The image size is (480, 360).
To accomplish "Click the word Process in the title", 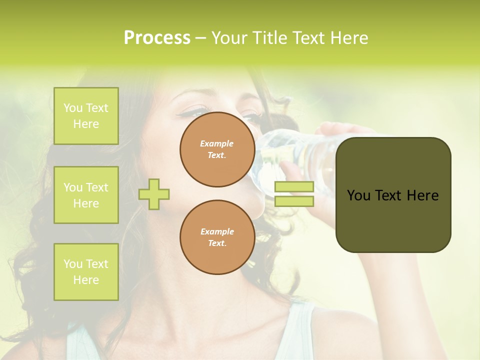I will [x=157, y=38].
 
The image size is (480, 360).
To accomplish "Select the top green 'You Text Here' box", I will [x=86, y=116].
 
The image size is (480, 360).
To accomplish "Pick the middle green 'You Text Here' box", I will [x=86, y=195].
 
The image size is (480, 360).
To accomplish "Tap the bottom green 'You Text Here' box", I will [x=86, y=272].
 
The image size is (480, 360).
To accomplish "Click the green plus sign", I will [x=154, y=194].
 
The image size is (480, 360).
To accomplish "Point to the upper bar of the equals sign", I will [x=294, y=187].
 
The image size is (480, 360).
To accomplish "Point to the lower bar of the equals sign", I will [x=294, y=201].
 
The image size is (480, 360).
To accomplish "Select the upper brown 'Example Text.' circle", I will [x=217, y=149].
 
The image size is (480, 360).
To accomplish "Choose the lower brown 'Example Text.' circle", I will [x=217, y=237].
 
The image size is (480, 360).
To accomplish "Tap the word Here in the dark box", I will [x=422, y=195].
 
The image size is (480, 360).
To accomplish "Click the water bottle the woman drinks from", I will [x=290, y=150].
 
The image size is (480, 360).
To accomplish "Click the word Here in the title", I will [x=350, y=38].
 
